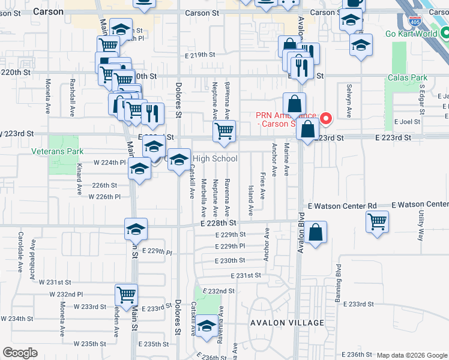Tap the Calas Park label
point(407,77)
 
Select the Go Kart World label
point(411,34)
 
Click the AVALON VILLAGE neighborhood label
point(288,323)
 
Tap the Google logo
point(20,353)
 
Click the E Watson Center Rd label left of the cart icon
point(342,206)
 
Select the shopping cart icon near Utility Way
point(378,221)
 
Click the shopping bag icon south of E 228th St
point(315,232)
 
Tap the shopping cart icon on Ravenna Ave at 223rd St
point(224,130)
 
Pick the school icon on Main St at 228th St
point(136,229)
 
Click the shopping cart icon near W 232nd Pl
point(127,295)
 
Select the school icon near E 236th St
point(207,326)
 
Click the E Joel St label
point(407,121)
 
